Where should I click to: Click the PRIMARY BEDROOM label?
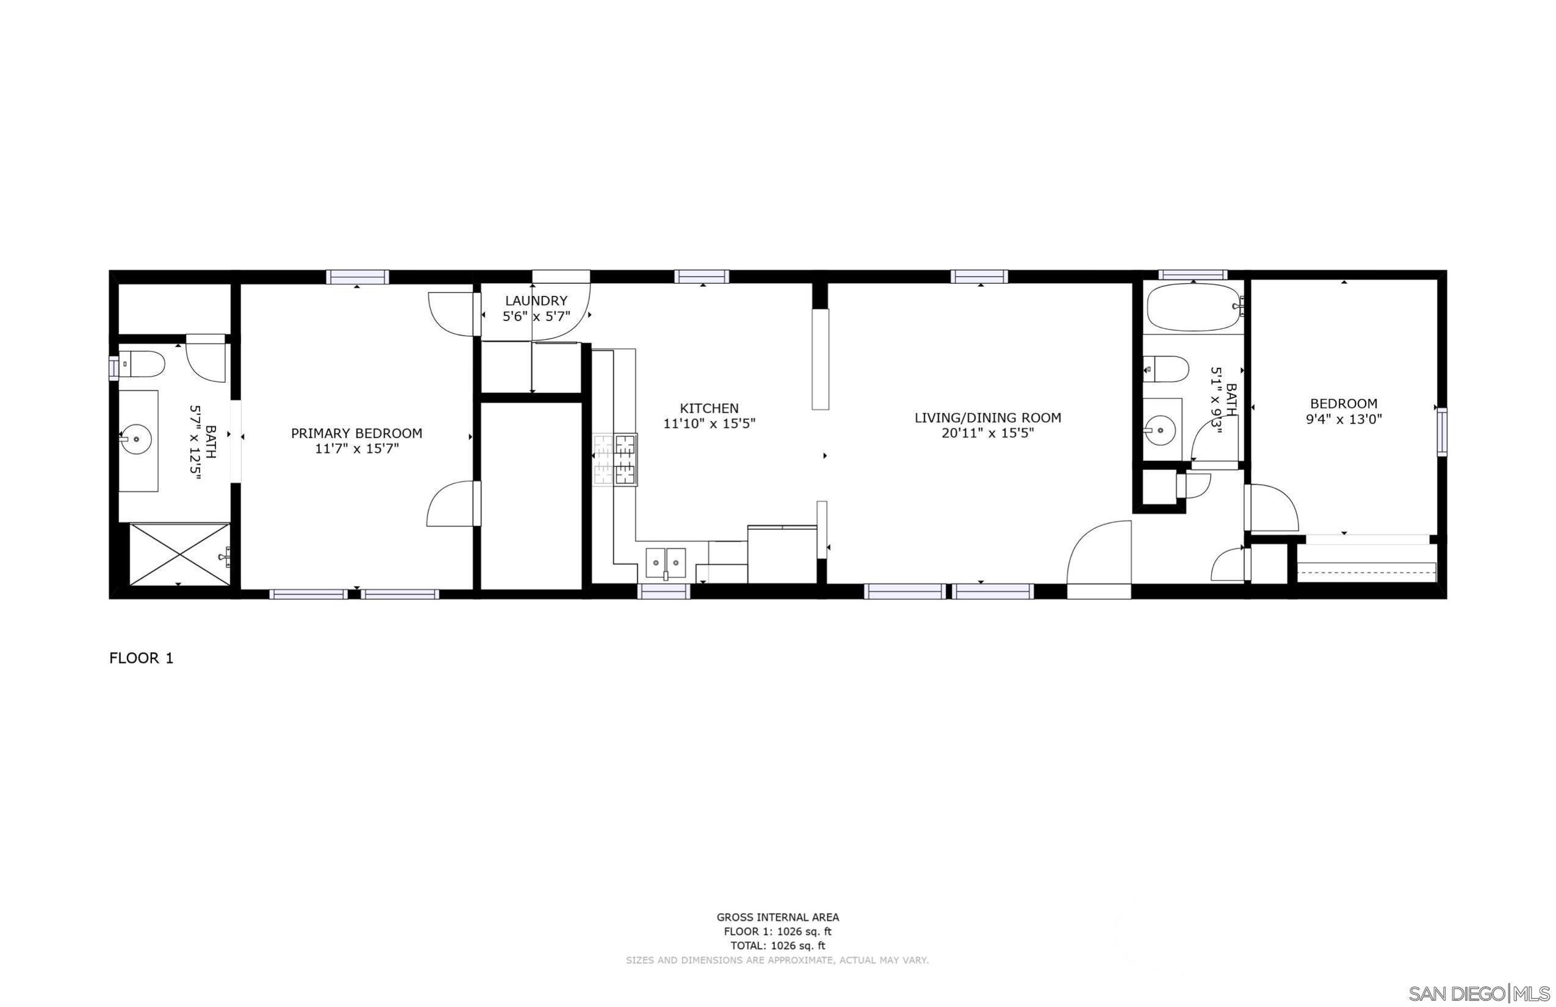click(x=356, y=433)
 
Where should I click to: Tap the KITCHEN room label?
click(x=708, y=409)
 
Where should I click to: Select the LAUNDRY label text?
click(x=536, y=301)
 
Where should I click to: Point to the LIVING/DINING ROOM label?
click(x=987, y=418)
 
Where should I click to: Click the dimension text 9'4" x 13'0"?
click(x=1344, y=419)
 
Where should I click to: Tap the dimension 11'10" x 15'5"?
click(x=708, y=424)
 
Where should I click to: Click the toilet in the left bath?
click(x=143, y=364)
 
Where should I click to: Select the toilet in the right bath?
click(x=1166, y=369)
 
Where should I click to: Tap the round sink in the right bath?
click(x=1160, y=430)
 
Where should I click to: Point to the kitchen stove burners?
click(x=615, y=460)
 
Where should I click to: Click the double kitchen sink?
click(x=666, y=561)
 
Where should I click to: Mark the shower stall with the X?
click(x=180, y=554)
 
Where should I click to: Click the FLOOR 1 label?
click(x=141, y=659)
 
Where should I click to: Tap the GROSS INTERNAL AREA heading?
click(x=777, y=917)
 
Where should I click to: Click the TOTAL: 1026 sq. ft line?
click(x=777, y=945)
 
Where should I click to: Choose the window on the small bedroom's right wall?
click(x=1441, y=431)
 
